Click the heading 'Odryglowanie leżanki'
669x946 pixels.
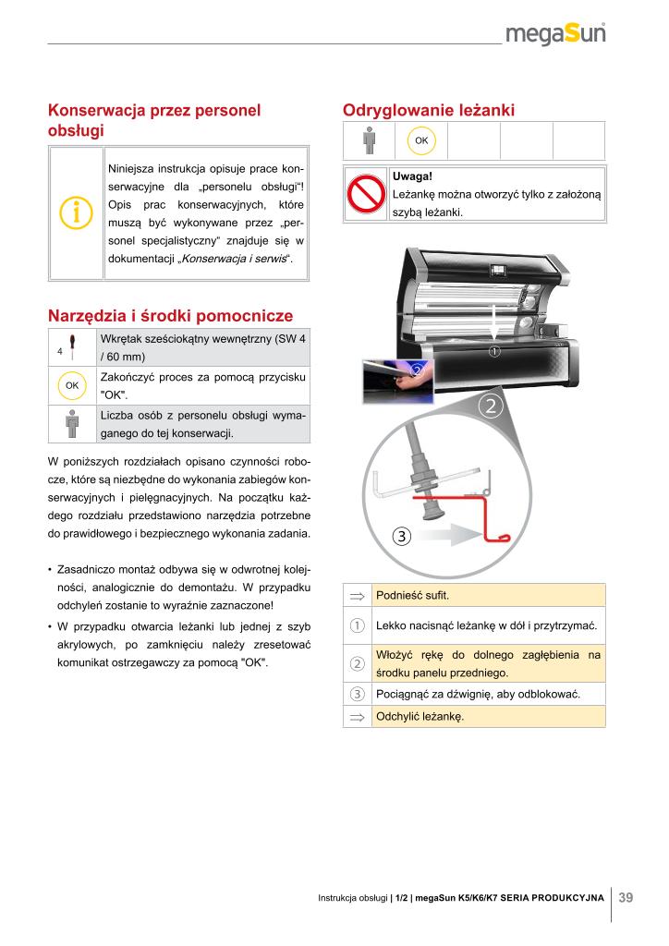pos(429,110)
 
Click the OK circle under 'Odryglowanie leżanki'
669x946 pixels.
pos(421,140)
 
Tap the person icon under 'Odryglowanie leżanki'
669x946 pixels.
pos(370,140)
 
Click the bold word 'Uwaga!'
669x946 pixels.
pos(413,176)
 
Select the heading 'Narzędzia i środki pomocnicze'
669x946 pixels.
pos(170,315)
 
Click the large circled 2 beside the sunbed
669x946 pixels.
pos(492,406)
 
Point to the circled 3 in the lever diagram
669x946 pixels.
pos(402,535)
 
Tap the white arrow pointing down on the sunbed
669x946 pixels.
pos(496,323)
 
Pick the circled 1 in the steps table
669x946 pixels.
pos(357,626)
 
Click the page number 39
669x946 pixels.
pos(626,897)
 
